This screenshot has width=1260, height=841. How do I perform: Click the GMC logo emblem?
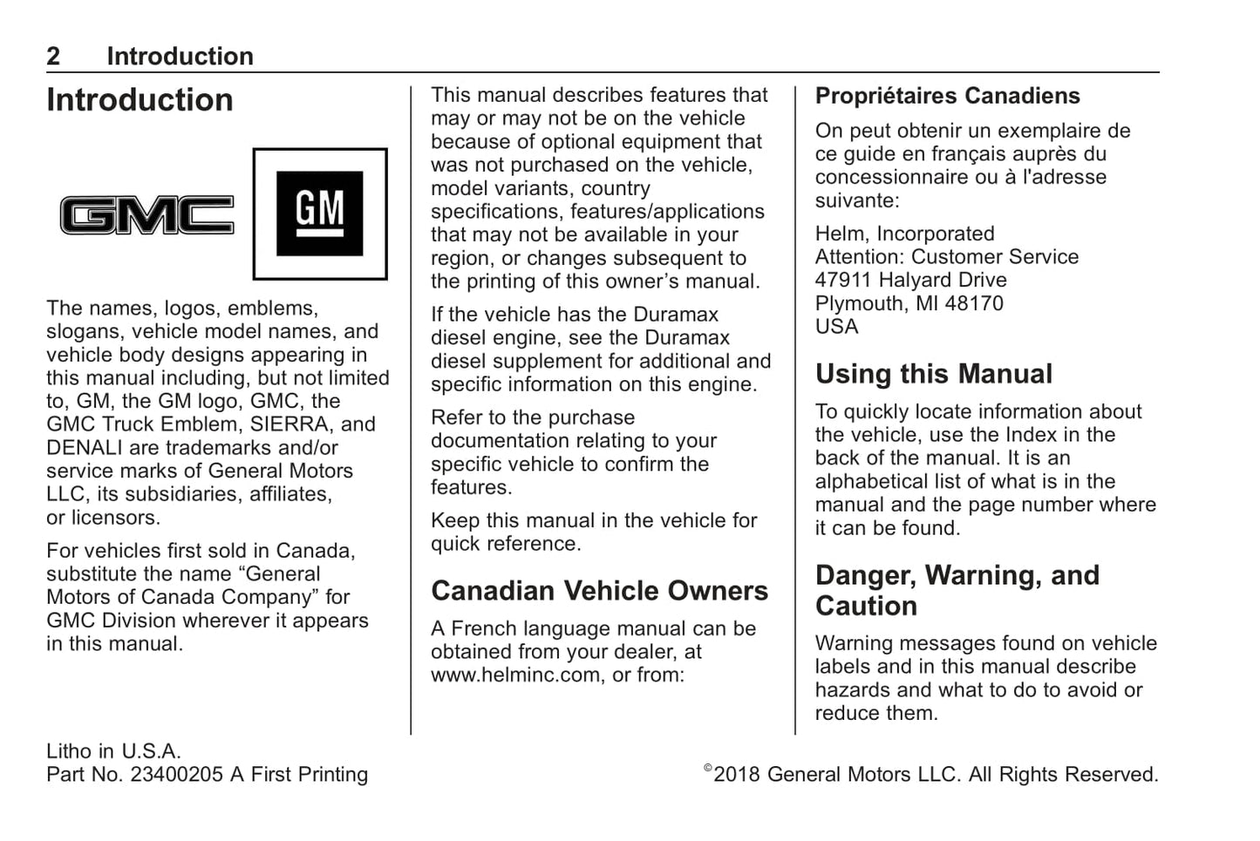[146, 214]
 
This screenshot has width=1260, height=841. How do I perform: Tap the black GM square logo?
[319, 214]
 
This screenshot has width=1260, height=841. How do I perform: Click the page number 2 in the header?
[53, 57]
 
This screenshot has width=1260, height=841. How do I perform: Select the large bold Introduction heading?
[140, 100]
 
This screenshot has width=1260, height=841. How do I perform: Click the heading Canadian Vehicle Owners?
[599, 591]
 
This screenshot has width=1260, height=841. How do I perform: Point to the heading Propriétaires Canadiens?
[947, 96]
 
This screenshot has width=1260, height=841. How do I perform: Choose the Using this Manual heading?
[933, 374]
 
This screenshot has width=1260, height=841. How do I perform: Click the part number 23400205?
[176, 775]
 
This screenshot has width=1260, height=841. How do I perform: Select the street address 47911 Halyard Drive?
[910, 281]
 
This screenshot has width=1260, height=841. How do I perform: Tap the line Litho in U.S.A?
[113, 751]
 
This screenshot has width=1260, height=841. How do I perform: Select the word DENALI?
[86, 448]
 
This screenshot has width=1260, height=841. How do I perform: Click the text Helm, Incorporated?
[904, 234]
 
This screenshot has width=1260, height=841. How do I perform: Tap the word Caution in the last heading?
[866, 607]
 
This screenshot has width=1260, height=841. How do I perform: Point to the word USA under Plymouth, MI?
[836, 327]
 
